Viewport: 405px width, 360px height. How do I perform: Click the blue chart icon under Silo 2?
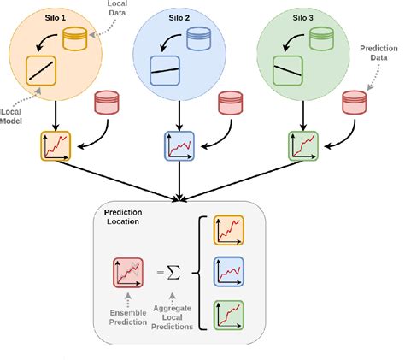click(x=179, y=145)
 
